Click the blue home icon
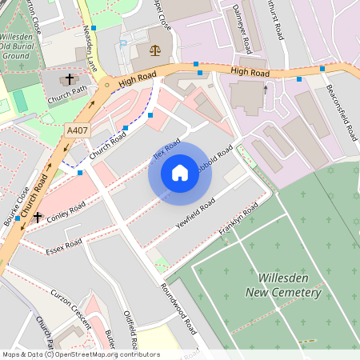tap(180, 173)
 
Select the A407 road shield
tap(78, 130)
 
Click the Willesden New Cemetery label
tap(289, 285)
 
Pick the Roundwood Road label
tap(177, 309)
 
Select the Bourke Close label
tap(17, 205)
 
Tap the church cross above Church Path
tap(69, 79)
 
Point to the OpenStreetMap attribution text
tap(81, 354)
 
